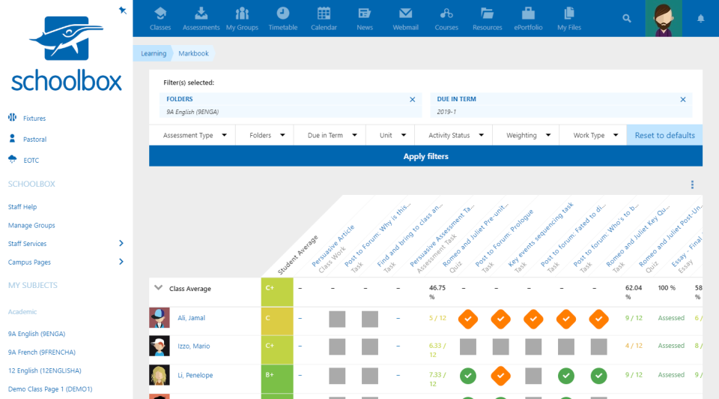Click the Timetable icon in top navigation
pos(283,18)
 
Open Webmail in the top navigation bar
pos(405,18)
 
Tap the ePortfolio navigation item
pos(528,18)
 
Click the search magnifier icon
pos(627,18)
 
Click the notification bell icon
pos(701,18)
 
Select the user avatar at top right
pos(663,18)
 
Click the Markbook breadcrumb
pos(193,53)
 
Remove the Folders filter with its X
pos(412,99)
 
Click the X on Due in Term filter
pos(682,99)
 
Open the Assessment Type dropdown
pos(192,135)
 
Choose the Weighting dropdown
pos(526,135)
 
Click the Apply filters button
pos(425,156)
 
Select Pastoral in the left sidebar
pos(34,139)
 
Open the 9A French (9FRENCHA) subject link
pos(41,352)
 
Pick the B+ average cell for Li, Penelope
pos(277,375)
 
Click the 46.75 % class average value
pos(437,292)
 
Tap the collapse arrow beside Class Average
pos(158,287)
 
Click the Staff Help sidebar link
pos(22,207)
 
